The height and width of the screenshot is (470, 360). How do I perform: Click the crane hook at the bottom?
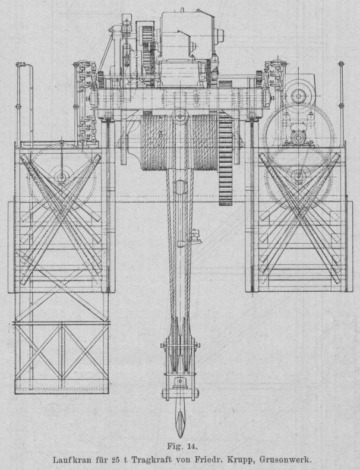[179, 418]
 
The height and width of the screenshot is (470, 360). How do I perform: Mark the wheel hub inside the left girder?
[61, 176]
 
